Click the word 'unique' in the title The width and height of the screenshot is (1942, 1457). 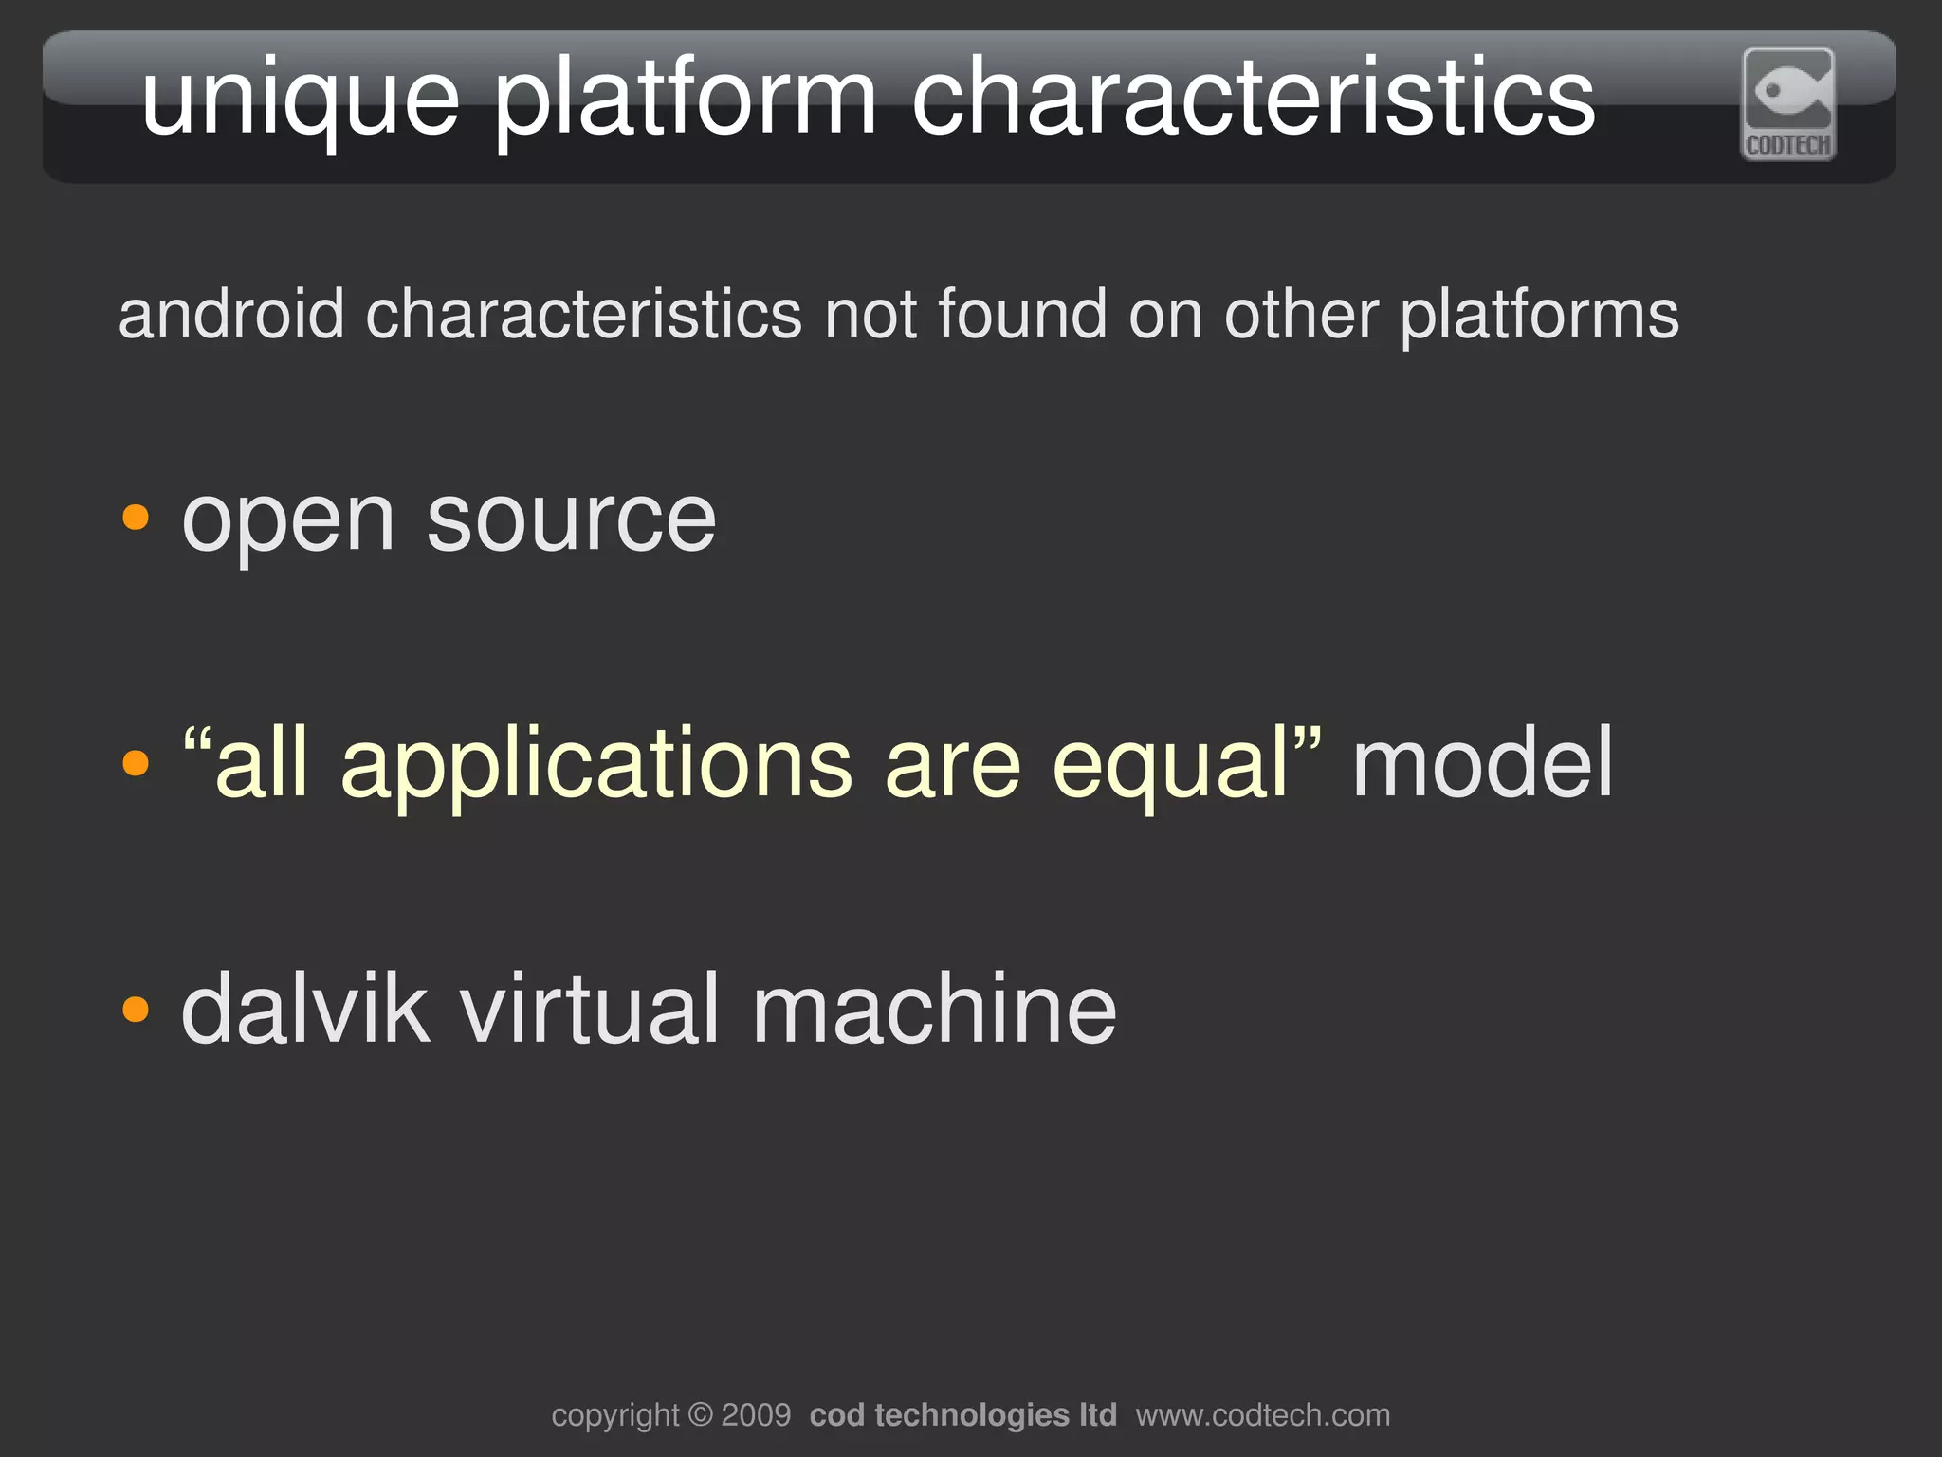[x=301, y=99]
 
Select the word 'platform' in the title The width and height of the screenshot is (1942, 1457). [x=685, y=99]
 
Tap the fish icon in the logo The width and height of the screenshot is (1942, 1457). [x=1788, y=91]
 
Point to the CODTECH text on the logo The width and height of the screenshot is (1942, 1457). [x=1788, y=145]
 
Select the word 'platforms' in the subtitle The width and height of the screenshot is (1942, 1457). [x=1539, y=316]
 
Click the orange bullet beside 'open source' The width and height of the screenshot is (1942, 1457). [x=137, y=518]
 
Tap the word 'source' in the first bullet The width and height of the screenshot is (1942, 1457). [x=571, y=520]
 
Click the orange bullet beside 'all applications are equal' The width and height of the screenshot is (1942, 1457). [x=137, y=762]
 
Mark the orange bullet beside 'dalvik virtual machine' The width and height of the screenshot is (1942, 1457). [x=137, y=1009]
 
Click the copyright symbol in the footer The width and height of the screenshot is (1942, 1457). [x=700, y=1415]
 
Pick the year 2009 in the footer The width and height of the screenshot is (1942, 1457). [x=756, y=1415]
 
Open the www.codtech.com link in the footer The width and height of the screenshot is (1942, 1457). [x=1262, y=1415]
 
